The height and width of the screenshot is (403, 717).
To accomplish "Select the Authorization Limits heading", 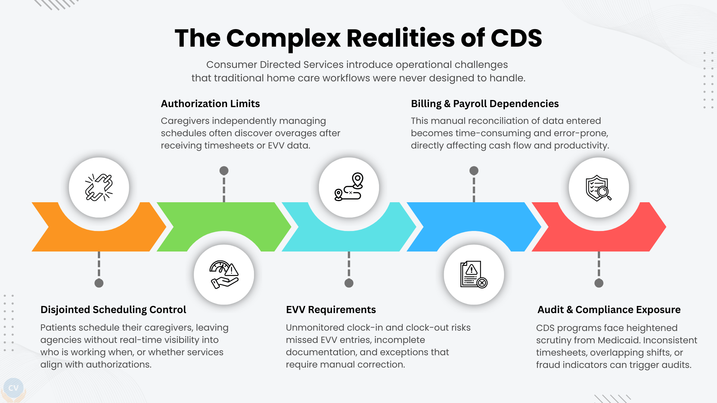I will tap(210, 104).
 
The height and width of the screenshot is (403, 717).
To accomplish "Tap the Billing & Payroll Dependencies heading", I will tap(485, 104).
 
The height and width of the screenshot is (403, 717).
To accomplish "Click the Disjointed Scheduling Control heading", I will tap(113, 310).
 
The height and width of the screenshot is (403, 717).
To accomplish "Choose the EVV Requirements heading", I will tap(331, 310).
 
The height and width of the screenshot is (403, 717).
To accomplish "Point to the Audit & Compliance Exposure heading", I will tap(609, 310).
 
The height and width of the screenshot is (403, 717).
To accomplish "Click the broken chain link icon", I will tap(99, 187).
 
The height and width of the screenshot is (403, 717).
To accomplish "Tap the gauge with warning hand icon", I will tap(224, 275).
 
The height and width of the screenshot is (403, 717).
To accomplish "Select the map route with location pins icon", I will tap(349, 187).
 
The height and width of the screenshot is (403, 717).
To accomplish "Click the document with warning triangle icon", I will tap(474, 275).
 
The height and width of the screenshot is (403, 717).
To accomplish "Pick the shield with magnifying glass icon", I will tap(599, 187).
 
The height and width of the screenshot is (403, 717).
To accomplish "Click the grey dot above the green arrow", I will tap(224, 171).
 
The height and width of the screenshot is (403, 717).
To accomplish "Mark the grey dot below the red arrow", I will tap(599, 283).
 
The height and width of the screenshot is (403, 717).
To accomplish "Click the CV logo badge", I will tap(13, 388).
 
